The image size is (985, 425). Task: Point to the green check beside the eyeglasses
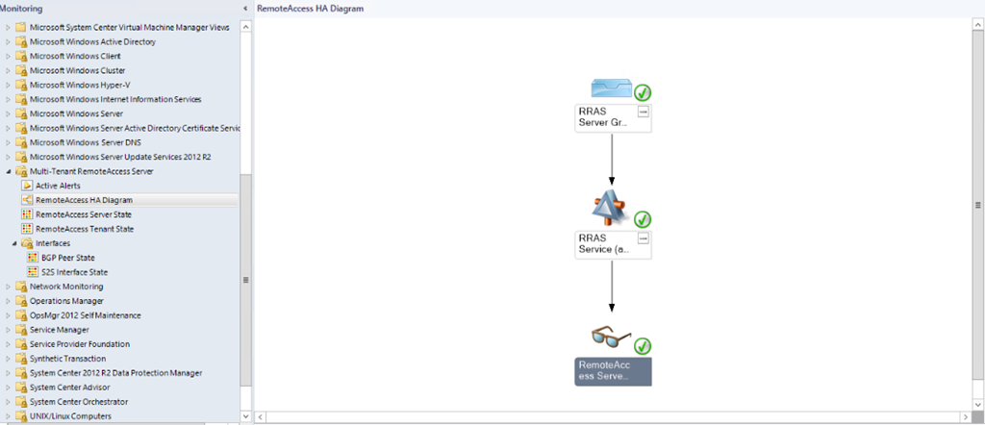(x=643, y=345)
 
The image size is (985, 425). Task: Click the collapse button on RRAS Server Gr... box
(x=644, y=112)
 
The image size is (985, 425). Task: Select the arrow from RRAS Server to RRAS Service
(x=612, y=159)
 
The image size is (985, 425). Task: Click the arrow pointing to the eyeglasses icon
(x=612, y=288)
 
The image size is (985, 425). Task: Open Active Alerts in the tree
(x=58, y=186)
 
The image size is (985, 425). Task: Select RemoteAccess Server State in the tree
(x=84, y=214)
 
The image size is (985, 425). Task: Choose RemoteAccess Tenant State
(x=84, y=229)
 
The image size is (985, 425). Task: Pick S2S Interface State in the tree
(x=74, y=272)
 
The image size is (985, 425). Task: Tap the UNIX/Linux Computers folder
(x=70, y=416)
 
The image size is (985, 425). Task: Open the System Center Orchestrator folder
(x=78, y=402)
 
